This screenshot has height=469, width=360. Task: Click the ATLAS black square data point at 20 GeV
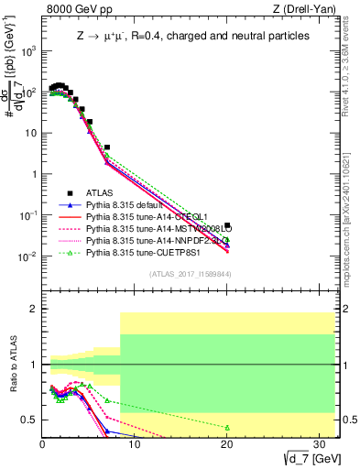[x=227, y=224]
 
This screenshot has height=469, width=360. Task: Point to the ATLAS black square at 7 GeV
[x=107, y=147]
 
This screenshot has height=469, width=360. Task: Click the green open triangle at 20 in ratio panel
[x=227, y=428]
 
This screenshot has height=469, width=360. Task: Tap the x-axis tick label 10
[x=135, y=444]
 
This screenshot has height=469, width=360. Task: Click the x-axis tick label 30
[x=320, y=444]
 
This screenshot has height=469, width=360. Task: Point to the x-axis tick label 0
[x=42, y=444]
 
